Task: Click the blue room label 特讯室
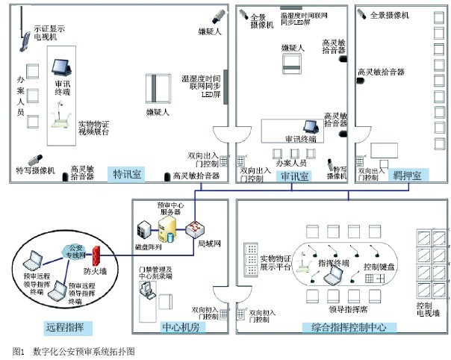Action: tap(128, 175)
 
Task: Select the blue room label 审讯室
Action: tap(295, 176)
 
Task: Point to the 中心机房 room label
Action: tap(181, 326)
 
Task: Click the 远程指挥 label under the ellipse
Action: tap(64, 326)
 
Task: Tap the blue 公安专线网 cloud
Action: tap(75, 249)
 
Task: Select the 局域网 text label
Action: tap(208, 243)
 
